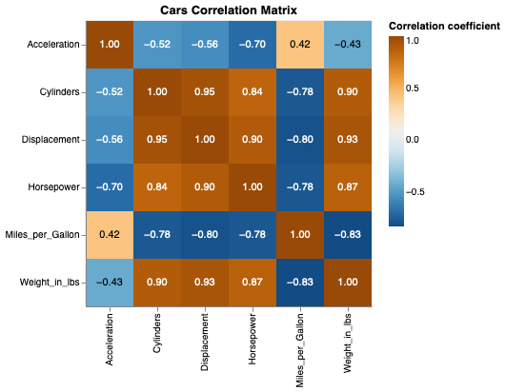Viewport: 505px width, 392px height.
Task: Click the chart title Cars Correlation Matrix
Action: pyautogui.click(x=229, y=10)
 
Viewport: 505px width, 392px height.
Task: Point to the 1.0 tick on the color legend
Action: pyautogui.click(x=413, y=41)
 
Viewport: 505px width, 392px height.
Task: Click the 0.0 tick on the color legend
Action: pyautogui.click(x=413, y=139)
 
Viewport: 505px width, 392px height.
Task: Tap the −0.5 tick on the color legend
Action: pyautogui.click(x=416, y=189)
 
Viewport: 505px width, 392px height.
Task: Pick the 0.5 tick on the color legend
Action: pyautogui.click(x=413, y=89)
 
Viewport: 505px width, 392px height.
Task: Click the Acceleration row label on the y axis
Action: pyautogui.click(x=53, y=45)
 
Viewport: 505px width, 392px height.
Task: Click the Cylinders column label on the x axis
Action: pyautogui.click(x=157, y=337)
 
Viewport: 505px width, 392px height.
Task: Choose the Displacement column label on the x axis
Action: pyautogui.click(x=205, y=342)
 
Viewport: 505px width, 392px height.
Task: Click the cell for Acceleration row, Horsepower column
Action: pyautogui.click(x=252, y=45)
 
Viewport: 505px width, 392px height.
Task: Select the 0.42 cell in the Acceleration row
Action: pyautogui.click(x=300, y=45)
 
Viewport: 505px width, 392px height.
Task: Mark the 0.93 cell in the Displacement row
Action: pyautogui.click(x=348, y=140)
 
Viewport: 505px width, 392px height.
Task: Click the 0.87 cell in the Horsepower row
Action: pyautogui.click(x=348, y=187)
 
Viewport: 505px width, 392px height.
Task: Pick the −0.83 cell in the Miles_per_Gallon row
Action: pyautogui.click(x=348, y=235)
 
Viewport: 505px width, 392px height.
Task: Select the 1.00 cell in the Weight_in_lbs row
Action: pyautogui.click(x=348, y=283)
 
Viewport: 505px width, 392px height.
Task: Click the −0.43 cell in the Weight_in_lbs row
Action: pyautogui.click(x=110, y=283)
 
